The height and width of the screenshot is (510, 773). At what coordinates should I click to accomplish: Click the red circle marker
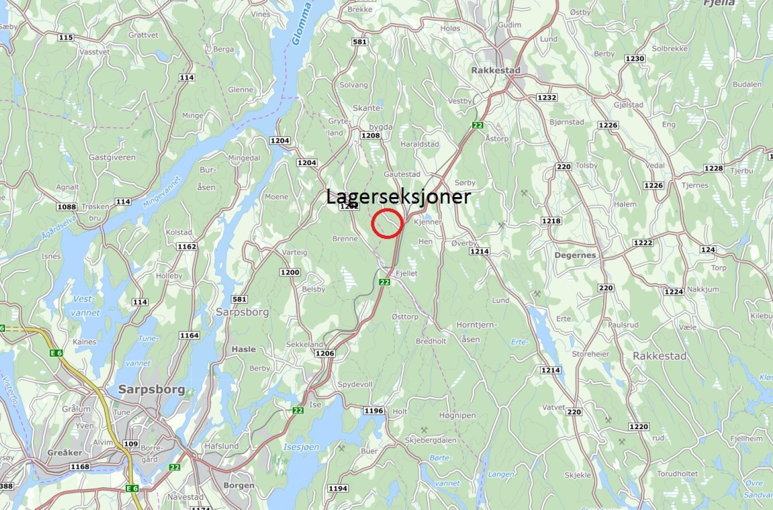point(387,223)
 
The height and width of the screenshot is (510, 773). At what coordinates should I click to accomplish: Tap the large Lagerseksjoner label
point(398,197)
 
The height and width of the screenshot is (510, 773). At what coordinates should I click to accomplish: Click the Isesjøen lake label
point(301,447)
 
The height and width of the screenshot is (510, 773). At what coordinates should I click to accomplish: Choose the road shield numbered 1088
point(66,207)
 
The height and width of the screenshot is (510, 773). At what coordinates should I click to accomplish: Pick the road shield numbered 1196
point(373,411)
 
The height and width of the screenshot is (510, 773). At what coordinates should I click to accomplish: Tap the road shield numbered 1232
point(546,98)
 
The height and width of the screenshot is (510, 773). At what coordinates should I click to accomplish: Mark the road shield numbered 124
point(708,250)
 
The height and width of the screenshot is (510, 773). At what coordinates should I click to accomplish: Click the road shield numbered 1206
point(324,354)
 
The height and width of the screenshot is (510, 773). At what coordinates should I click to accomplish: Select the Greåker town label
point(65,453)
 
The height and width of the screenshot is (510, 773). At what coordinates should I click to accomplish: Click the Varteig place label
point(294,253)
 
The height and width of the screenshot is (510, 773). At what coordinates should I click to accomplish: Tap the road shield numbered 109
point(131,444)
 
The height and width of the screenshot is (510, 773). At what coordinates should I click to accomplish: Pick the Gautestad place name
point(402,174)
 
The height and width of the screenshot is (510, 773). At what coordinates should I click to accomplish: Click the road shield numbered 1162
point(187,247)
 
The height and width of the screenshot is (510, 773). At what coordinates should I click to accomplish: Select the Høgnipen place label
point(457,415)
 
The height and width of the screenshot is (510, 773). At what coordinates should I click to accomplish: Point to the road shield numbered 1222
point(643,243)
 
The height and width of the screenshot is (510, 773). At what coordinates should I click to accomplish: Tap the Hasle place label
point(244,349)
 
